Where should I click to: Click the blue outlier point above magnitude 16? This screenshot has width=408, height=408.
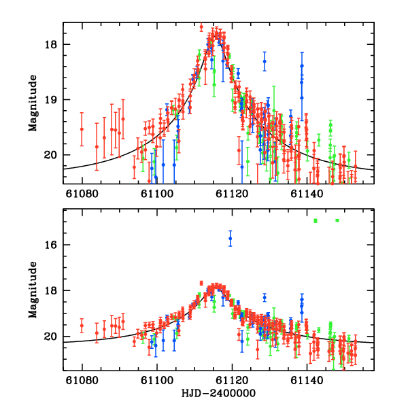click(x=231, y=239)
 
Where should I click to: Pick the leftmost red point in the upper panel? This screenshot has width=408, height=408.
click(x=82, y=129)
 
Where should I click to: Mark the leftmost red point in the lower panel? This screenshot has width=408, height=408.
click(x=82, y=325)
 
